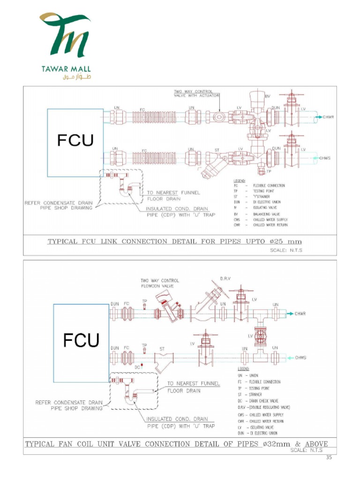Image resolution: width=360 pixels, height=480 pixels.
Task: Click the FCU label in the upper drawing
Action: [x=75, y=141]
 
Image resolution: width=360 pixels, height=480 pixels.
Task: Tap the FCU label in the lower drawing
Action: [x=81, y=340]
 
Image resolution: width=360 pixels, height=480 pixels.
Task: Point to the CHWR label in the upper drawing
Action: [x=327, y=116]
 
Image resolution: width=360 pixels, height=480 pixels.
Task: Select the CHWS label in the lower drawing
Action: [x=301, y=358]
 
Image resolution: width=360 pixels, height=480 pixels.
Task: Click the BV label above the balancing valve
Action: [x=268, y=96]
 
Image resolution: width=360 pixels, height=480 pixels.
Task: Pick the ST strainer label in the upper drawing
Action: [x=217, y=150]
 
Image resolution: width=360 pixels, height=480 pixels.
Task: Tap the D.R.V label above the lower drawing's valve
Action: [x=225, y=279]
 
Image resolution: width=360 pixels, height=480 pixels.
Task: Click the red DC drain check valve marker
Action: [x=142, y=364]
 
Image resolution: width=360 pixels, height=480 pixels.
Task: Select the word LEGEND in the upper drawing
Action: [x=239, y=180]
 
